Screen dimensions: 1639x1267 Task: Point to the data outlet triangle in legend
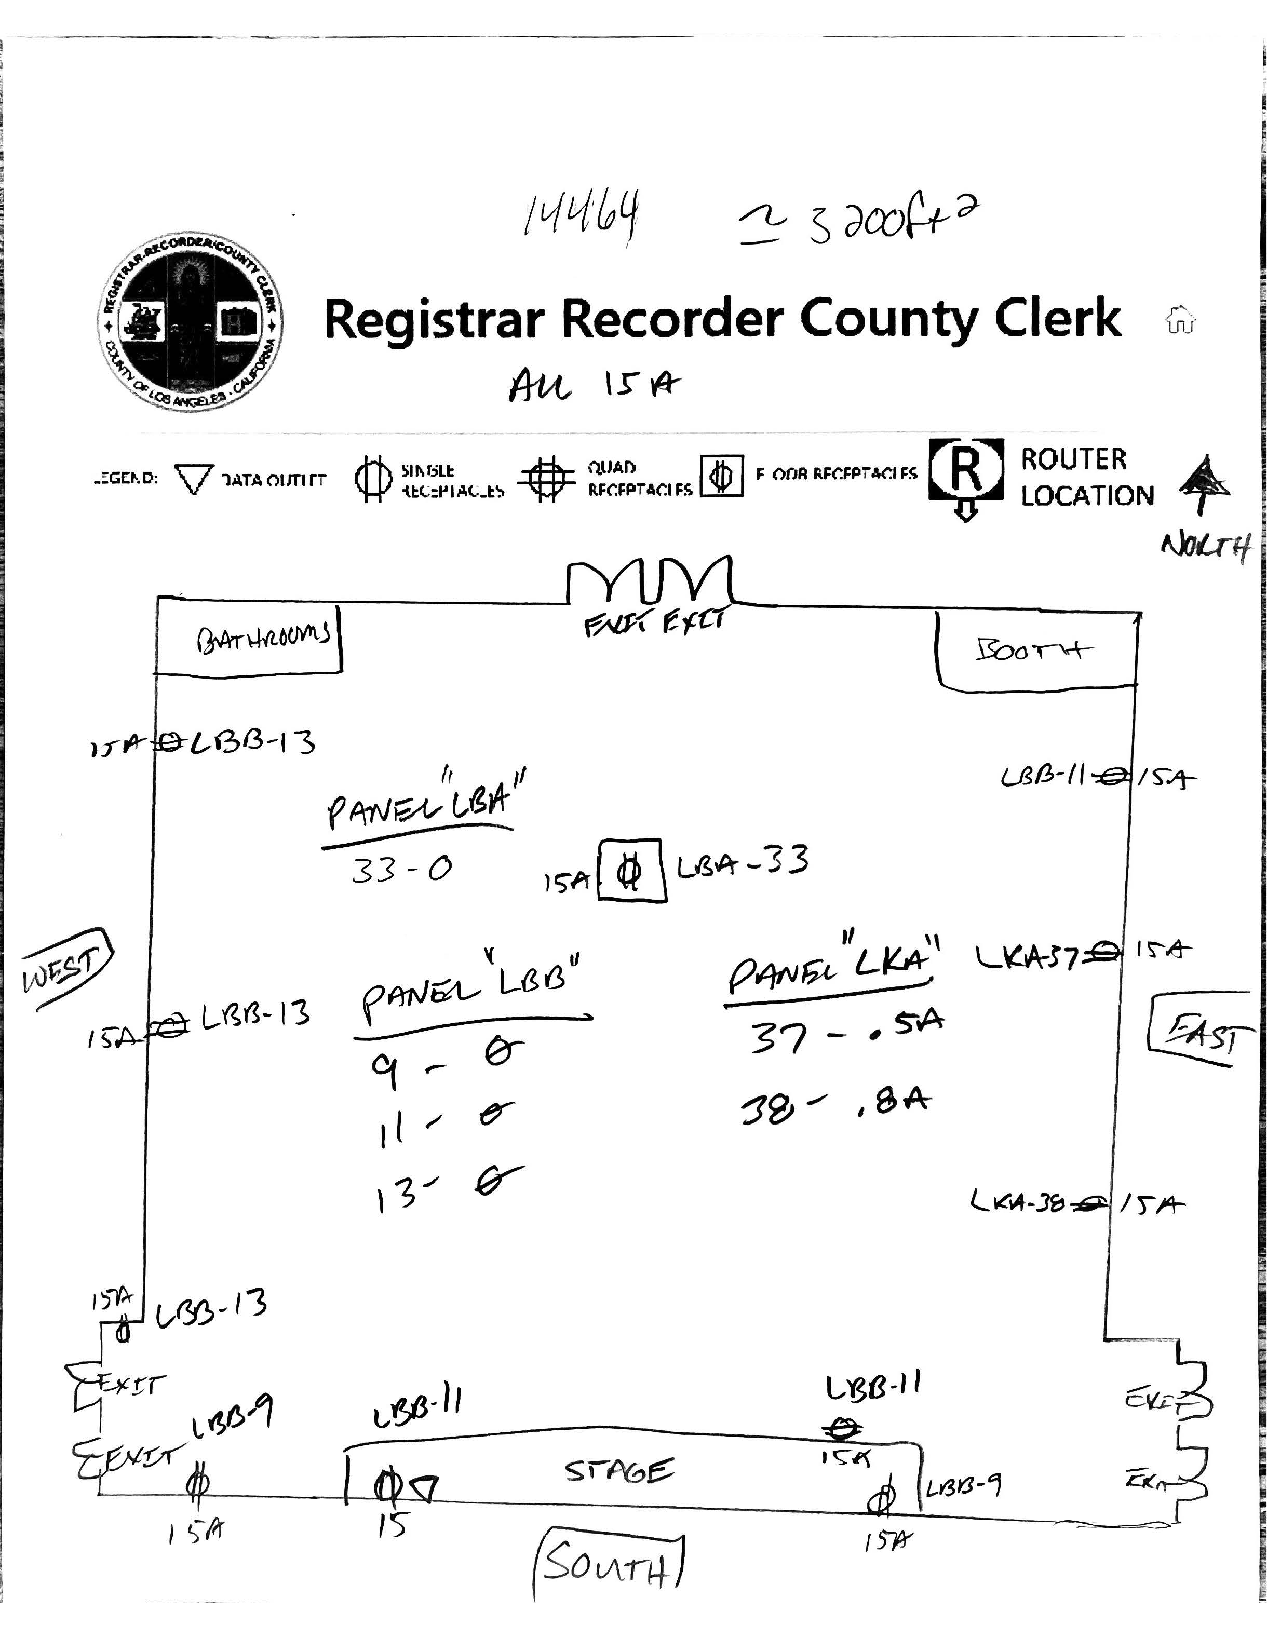(194, 479)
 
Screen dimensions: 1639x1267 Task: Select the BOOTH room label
(1033, 649)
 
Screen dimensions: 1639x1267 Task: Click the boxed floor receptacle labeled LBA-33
(630, 871)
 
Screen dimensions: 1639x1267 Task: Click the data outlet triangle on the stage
(425, 1487)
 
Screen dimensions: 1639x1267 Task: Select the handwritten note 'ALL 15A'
(594, 386)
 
